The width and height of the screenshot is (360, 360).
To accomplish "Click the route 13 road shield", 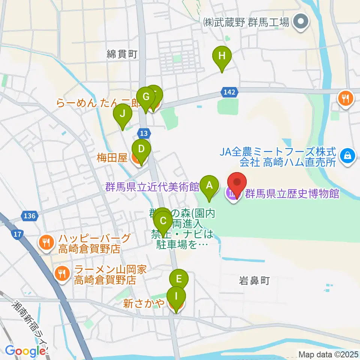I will point(144,133).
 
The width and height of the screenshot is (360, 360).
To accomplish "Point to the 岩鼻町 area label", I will point(254,280).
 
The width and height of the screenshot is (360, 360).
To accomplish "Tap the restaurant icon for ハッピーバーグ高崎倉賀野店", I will point(45,242).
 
